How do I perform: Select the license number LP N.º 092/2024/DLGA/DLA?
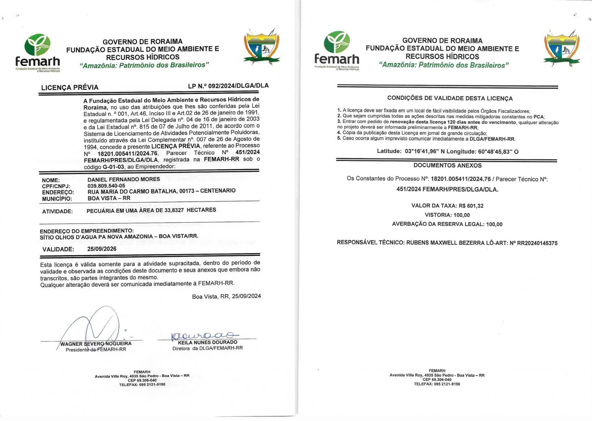228,86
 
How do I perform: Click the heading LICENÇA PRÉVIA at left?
70,87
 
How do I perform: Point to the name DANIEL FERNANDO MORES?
124,179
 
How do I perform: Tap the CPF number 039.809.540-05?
106,186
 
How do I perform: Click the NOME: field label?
51,180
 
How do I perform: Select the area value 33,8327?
174,210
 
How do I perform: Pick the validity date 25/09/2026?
102,249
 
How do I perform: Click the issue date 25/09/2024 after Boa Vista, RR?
246,296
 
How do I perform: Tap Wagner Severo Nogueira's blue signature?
98,327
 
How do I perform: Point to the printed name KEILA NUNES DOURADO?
208,342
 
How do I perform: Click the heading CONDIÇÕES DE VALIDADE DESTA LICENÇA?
450,98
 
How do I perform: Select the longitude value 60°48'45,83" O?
498,152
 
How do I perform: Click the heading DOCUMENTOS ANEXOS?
447,165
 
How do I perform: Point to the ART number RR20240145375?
537,243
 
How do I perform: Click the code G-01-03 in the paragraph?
113,167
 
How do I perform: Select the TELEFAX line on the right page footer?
437,384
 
